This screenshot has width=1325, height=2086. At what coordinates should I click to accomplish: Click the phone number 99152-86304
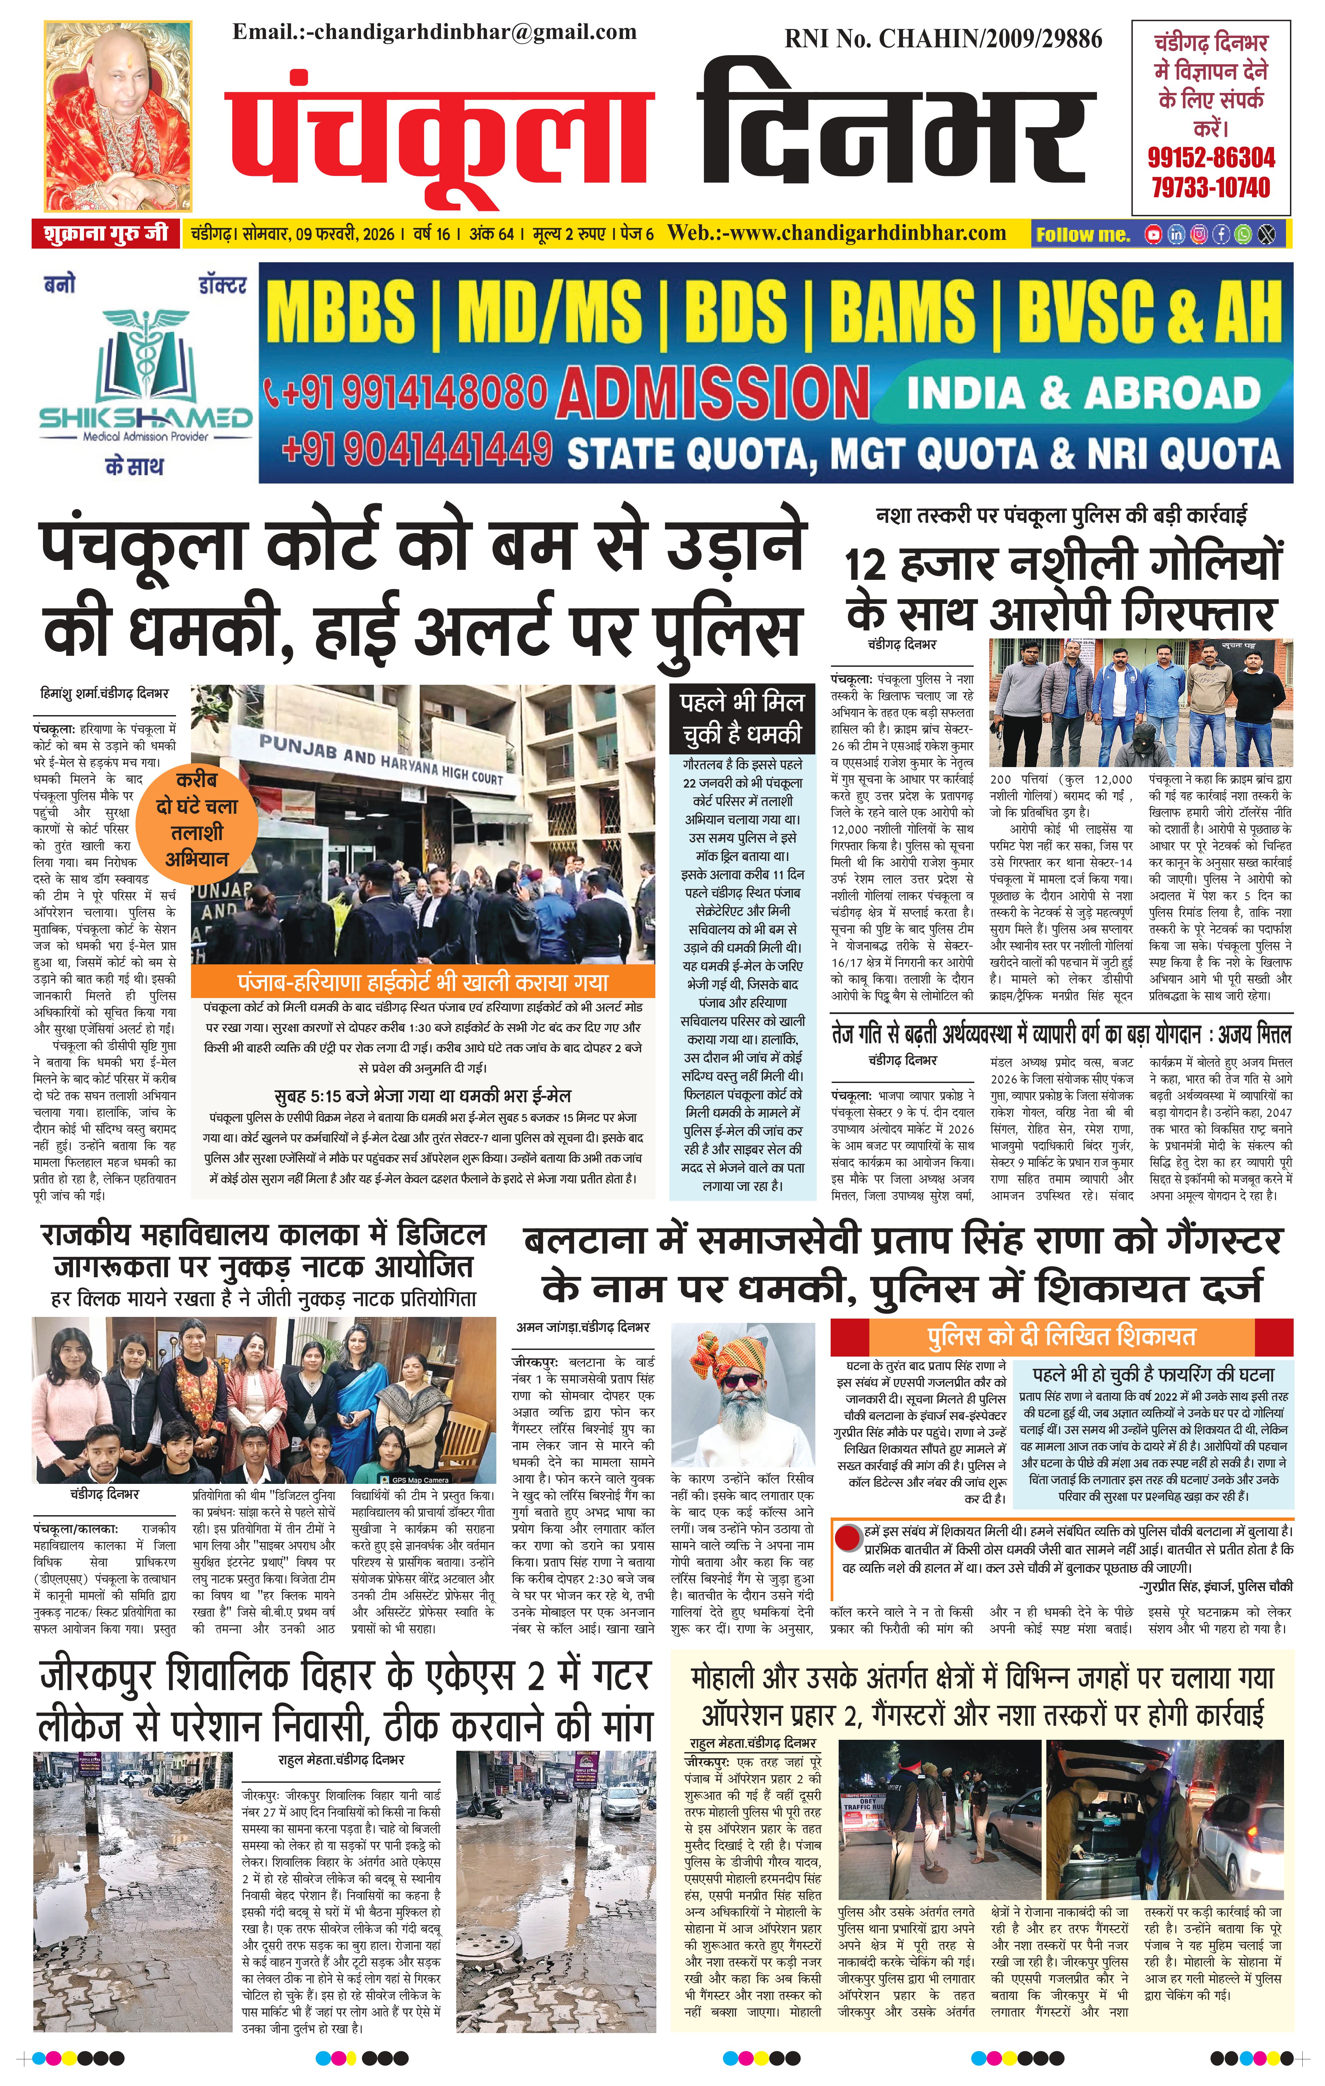coord(1211,158)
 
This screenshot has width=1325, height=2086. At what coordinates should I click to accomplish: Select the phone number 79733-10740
coord(1211,187)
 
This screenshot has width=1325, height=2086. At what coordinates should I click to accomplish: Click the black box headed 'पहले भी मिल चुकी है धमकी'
coord(742,718)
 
